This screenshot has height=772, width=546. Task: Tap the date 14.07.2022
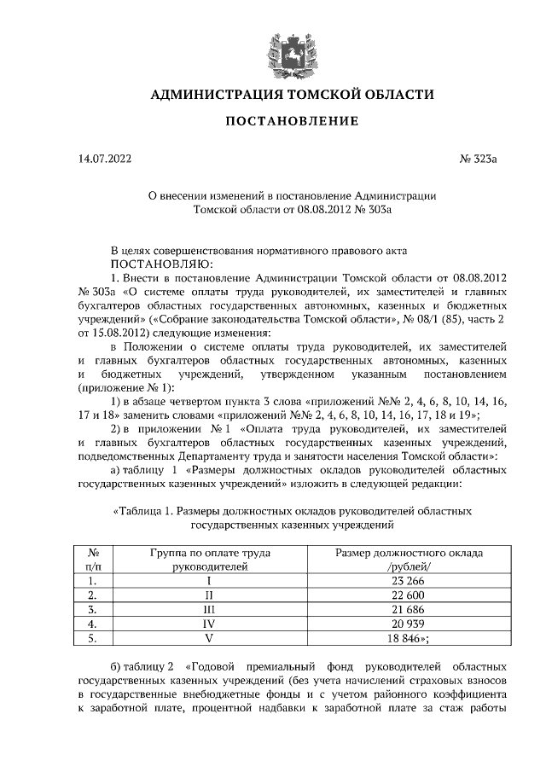click(103, 159)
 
